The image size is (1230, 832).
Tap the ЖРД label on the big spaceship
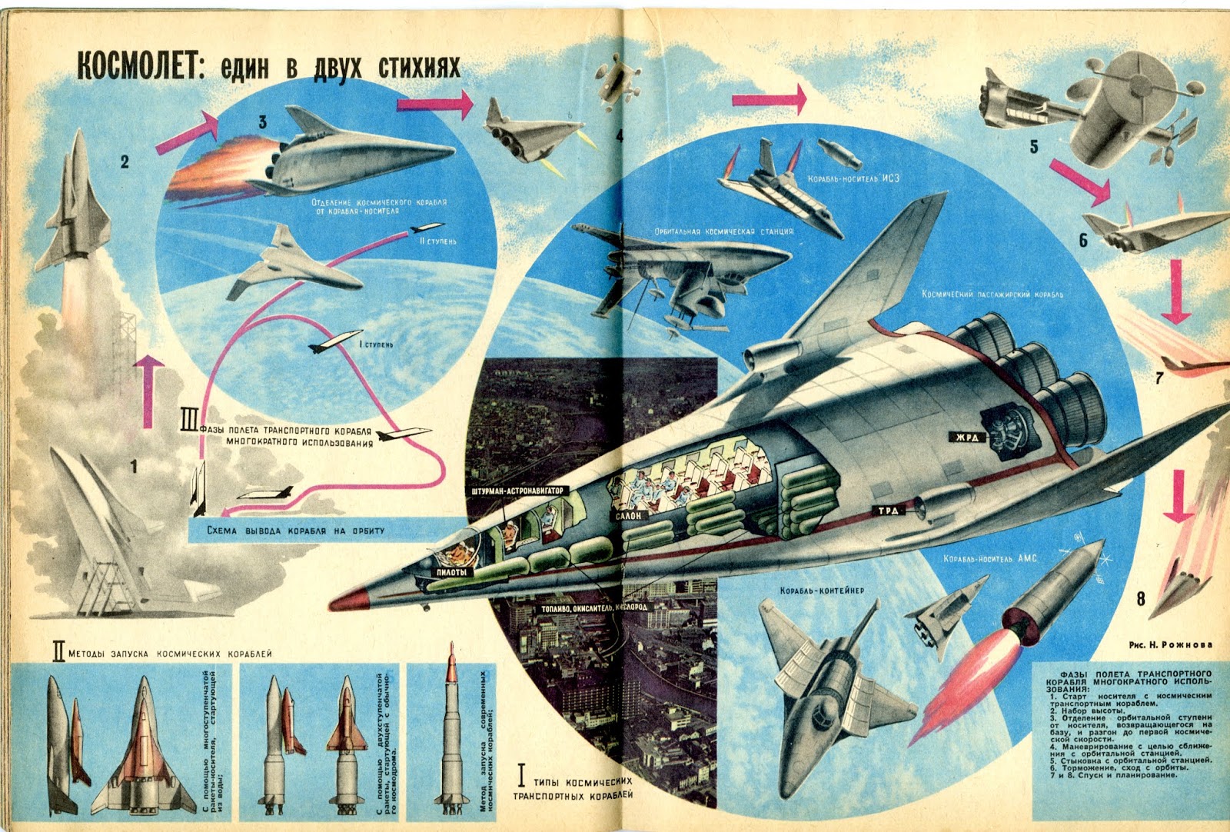click(x=967, y=438)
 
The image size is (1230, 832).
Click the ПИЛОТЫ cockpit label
click(x=451, y=573)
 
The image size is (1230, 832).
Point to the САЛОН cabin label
click(x=629, y=515)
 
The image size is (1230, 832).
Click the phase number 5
click(x=1034, y=146)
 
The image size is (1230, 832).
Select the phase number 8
click(x=1141, y=598)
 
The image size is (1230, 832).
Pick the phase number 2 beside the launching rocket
click(x=125, y=161)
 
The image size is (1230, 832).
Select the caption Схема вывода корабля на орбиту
click(x=296, y=531)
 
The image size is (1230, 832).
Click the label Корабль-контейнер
click(x=822, y=591)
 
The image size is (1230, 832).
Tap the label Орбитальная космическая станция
click(x=723, y=231)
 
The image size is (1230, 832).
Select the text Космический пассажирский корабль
click(x=992, y=295)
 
